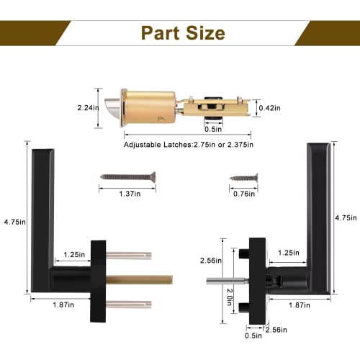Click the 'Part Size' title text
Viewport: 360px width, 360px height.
[183, 33]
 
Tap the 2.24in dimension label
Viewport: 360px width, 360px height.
[88, 108]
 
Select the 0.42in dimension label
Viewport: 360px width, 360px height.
[269, 108]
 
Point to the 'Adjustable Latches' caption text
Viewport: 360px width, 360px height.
[158, 145]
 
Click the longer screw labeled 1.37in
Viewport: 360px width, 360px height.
[128, 177]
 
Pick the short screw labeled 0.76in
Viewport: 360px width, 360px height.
[244, 178]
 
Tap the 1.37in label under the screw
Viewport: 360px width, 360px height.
[130, 194]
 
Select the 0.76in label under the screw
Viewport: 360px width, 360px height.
[244, 194]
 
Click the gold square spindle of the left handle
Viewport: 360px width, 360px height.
[139, 280]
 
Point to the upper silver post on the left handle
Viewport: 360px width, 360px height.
[129, 256]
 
